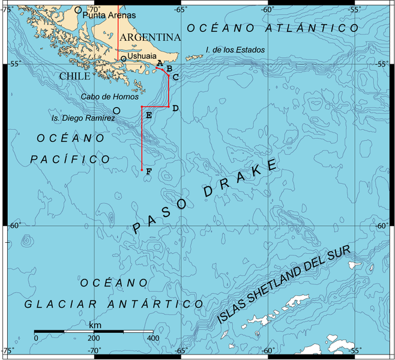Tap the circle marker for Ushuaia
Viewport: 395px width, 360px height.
click(123, 58)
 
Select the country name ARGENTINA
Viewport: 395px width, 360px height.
click(151, 37)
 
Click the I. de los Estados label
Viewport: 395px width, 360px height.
click(235, 50)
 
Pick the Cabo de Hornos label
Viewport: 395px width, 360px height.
click(110, 96)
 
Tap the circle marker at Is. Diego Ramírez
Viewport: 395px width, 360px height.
click(116, 110)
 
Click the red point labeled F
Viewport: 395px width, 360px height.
click(142, 170)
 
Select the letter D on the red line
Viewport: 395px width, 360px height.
click(175, 108)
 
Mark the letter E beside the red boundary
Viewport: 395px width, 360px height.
click(148, 115)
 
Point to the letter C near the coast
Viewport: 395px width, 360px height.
click(175, 77)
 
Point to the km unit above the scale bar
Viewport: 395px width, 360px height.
click(95, 325)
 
